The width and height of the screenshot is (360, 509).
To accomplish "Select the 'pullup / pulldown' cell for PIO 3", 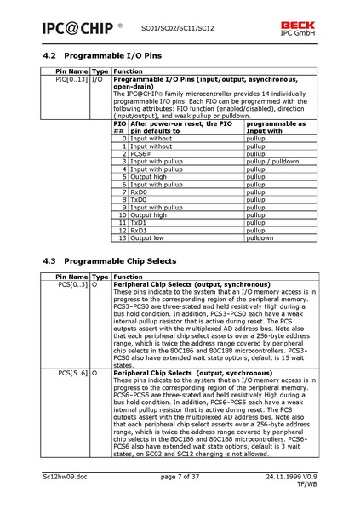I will [272, 161].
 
